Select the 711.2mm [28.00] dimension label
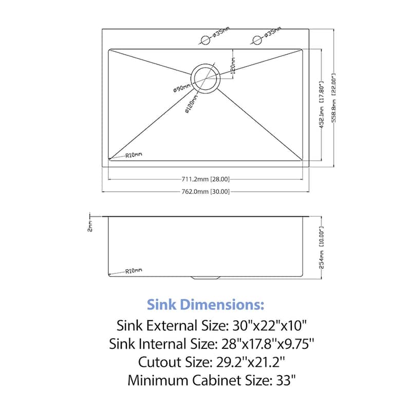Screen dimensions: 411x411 pyautogui.click(x=206, y=179)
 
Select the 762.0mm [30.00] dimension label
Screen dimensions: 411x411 pyautogui.click(x=206, y=192)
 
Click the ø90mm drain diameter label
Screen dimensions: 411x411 pyautogui.click(x=182, y=88)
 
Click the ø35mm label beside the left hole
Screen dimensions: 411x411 pyautogui.click(x=221, y=33)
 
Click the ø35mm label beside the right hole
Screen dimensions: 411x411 pyautogui.click(x=273, y=33)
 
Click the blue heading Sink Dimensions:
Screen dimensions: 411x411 pyautogui.click(x=206, y=305)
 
